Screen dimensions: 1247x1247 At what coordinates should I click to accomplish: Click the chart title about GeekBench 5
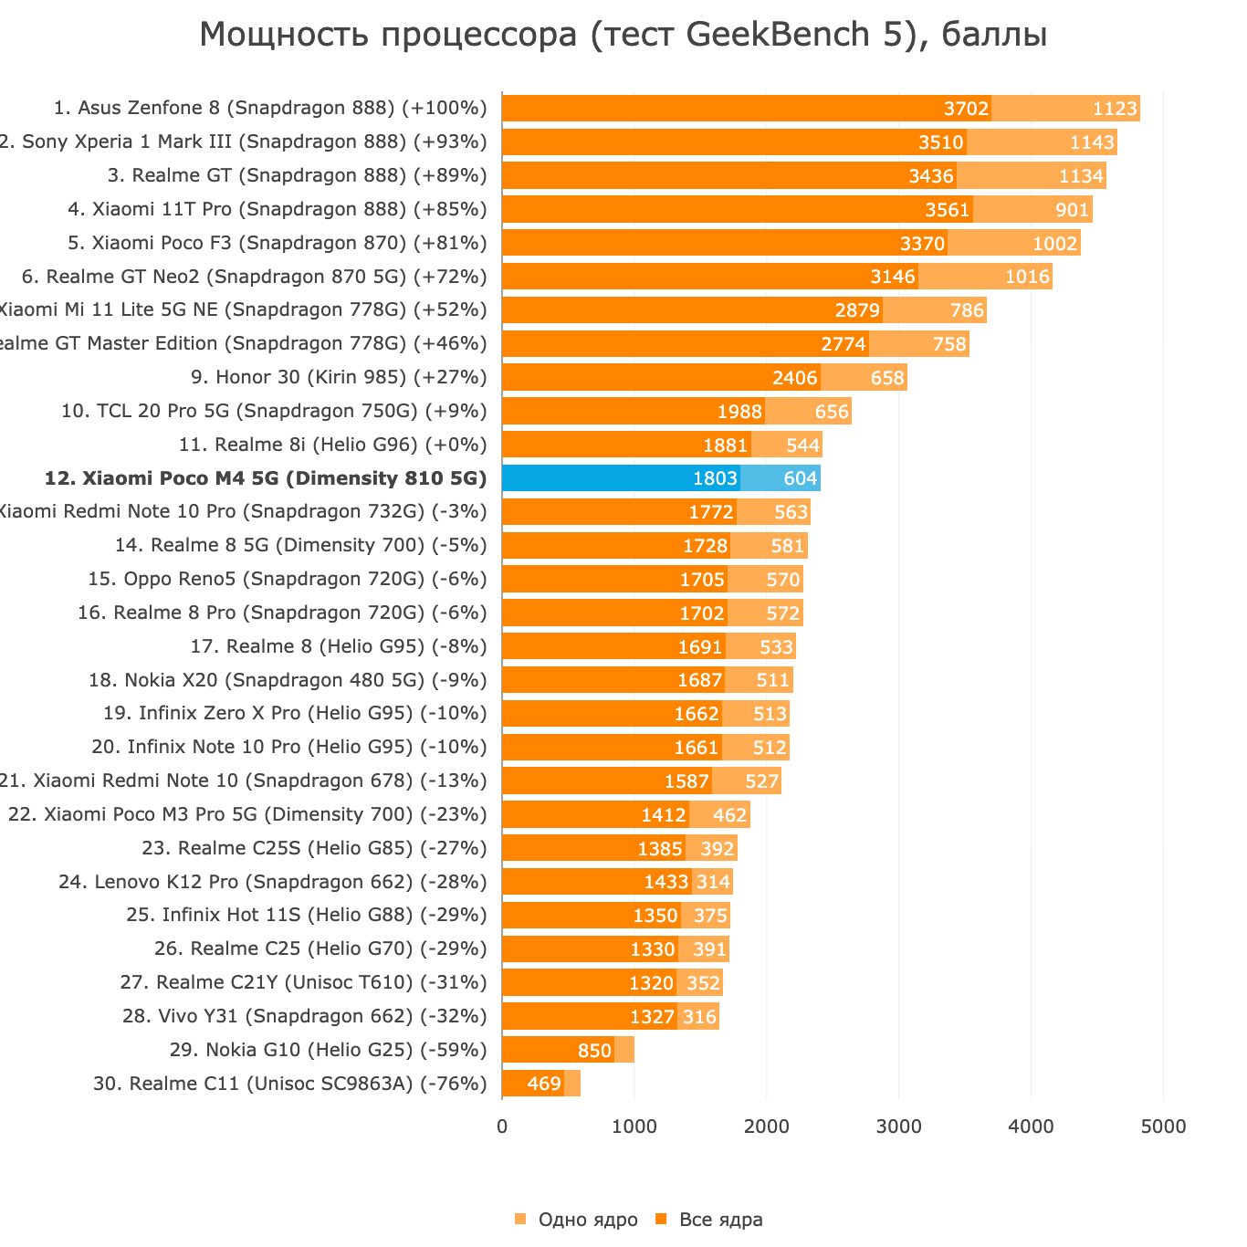click(623, 35)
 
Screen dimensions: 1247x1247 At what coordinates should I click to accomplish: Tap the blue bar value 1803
click(715, 478)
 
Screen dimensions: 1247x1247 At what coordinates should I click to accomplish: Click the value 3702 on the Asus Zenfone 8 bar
click(966, 109)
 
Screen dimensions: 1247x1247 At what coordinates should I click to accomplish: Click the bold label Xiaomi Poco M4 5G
click(266, 478)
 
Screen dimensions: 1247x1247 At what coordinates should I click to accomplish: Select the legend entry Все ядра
click(709, 1220)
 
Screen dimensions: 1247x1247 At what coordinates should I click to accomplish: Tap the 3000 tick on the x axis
click(898, 1126)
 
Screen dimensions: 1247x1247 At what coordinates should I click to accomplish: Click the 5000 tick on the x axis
click(1163, 1126)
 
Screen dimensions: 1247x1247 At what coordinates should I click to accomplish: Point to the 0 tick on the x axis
click(502, 1126)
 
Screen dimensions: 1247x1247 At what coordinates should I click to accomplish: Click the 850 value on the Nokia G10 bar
click(594, 1051)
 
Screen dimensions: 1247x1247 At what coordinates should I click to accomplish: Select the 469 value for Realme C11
click(544, 1085)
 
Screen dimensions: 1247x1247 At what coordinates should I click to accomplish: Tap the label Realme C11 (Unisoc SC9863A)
click(289, 1084)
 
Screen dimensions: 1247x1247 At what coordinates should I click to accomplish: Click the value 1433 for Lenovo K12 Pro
click(666, 882)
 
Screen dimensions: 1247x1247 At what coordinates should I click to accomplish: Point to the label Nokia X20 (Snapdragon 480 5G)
click(288, 680)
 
